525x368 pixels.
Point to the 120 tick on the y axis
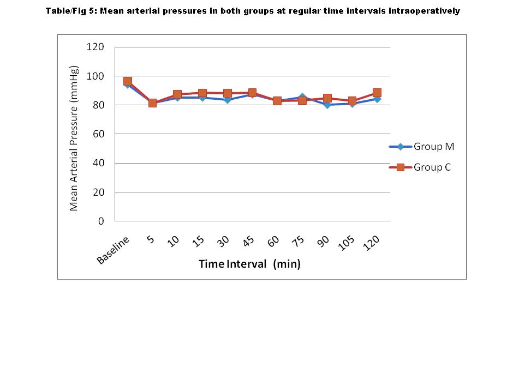point(95,47)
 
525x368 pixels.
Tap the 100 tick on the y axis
point(95,76)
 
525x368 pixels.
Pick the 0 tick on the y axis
point(100,221)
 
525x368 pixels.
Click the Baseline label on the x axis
point(114,250)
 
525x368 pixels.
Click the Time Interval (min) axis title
point(249,264)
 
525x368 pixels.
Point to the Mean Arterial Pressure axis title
point(74,138)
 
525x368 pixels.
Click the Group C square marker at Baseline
point(128,81)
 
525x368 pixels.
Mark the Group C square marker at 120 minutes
point(377,93)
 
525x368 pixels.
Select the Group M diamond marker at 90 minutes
point(327,105)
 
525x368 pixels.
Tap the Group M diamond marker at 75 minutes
point(302,98)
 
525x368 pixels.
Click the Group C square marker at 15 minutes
point(202,93)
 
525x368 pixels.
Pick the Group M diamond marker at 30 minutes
point(227,100)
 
